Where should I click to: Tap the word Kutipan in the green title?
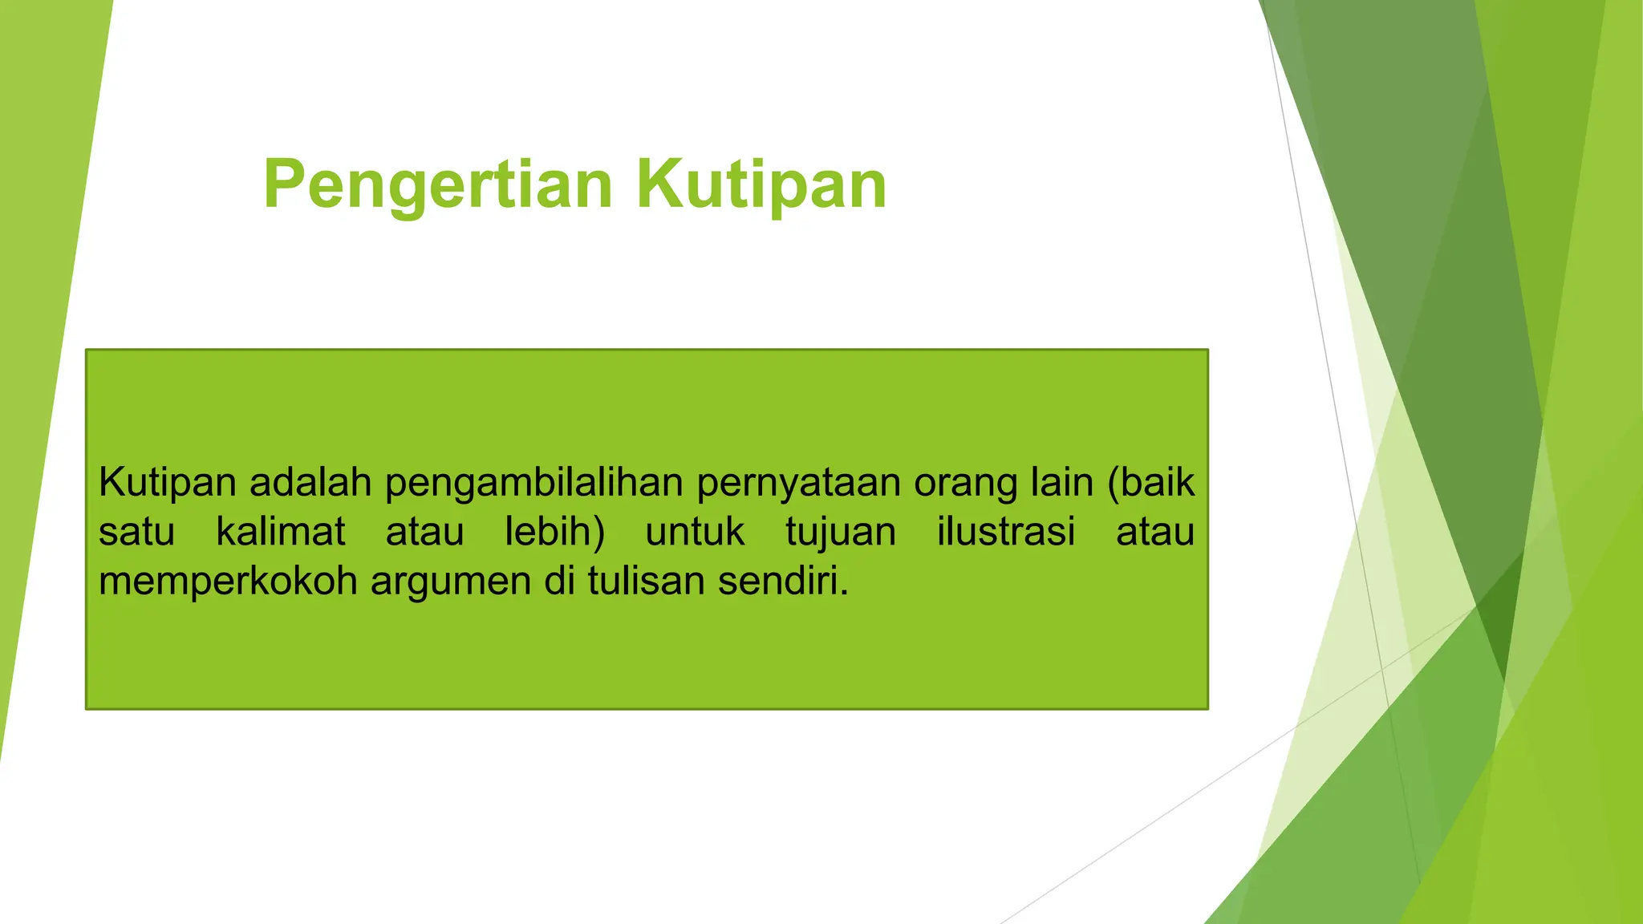[x=761, y=186]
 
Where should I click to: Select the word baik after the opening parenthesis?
[x=1158, y=483]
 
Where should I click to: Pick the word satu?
[x=136, y=533]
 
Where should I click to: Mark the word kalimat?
[x=281, y=532]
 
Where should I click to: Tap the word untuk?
[x=695, y=533]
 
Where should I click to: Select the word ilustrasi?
[x=1006, y=532]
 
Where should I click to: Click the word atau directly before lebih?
[x=424, y=533]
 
